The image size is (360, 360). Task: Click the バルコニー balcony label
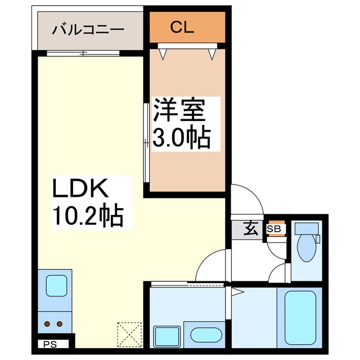pos(88,29)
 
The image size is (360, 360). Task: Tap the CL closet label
pos(183,27)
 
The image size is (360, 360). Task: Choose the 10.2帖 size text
pos(88,215)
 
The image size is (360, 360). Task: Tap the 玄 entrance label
pos(251,229)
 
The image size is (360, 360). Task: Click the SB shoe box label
pos(274,229)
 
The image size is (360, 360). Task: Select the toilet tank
pos(307,229)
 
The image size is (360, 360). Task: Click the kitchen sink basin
pos(56,285)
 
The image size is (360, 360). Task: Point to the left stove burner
pos(48,323)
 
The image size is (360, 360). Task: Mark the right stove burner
pos(60,323)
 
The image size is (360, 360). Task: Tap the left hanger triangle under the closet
pos(163,54)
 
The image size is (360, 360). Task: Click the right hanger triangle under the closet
pos(212,54)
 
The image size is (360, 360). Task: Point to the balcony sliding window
pos(83,53)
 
